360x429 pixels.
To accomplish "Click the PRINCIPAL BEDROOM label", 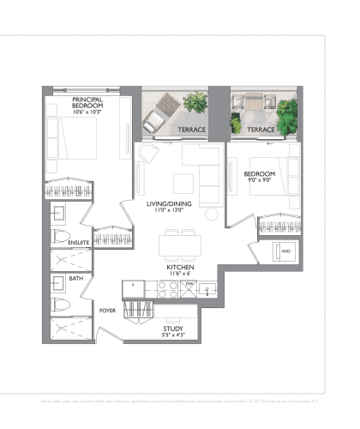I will coord(87,103).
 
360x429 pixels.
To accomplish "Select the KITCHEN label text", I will coord(178,267).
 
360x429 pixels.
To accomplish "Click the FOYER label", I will coord(108,311).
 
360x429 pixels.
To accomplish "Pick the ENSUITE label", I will coord(79,242).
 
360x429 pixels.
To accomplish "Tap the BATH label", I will coord(76,279).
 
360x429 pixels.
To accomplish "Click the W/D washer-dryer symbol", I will coord(285,251).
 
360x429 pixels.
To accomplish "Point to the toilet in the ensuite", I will coord(60,236).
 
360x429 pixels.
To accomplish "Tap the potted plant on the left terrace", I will coord(195,102).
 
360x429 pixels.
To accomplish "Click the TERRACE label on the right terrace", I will coord(261,130).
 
